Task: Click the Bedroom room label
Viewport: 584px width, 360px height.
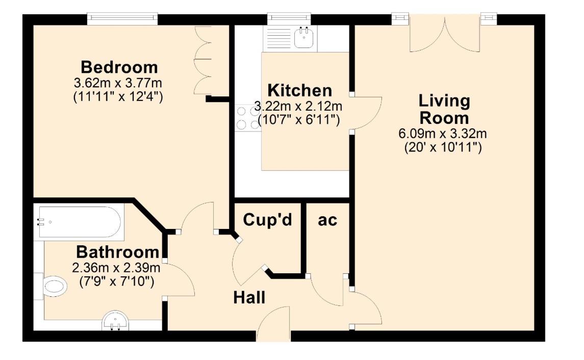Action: point(119,67)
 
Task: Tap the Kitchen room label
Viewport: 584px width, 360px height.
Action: point(299,91)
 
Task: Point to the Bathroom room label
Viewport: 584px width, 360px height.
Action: point(117,252)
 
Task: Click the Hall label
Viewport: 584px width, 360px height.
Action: point(249,297)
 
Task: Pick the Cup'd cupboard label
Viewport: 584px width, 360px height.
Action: point(267,220)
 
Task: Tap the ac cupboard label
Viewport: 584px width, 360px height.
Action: point(327,220)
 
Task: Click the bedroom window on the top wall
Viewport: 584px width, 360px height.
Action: point(122,19)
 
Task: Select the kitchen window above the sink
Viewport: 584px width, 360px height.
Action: point(289,19)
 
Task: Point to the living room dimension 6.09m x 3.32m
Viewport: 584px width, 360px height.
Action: point(443,135)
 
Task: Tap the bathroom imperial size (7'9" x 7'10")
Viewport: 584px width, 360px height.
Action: point(118,280)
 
